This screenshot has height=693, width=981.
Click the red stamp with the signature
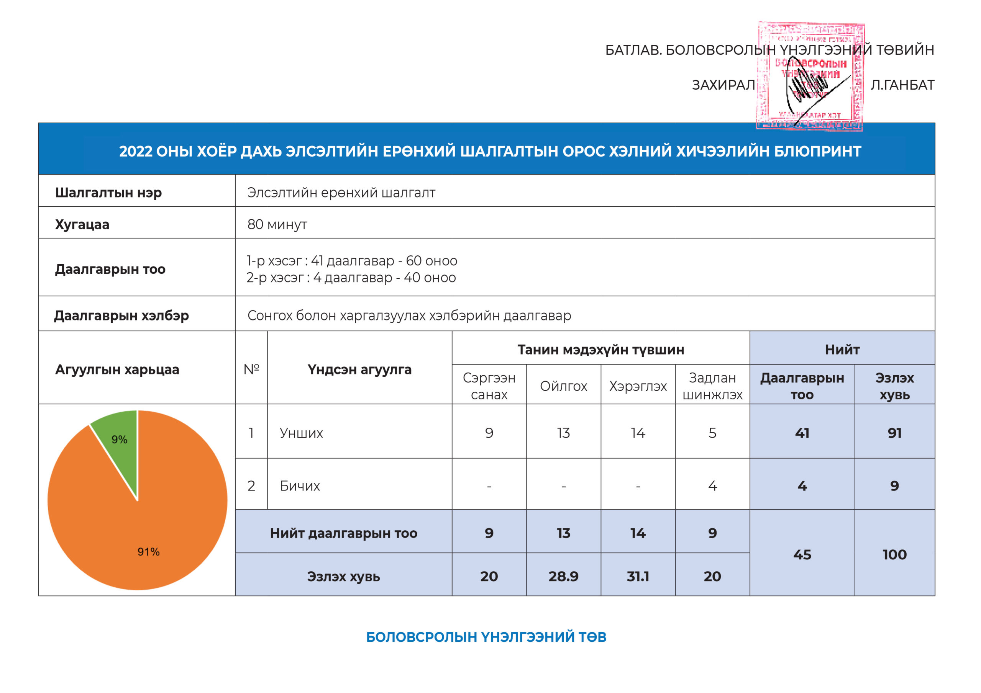tap(810, 77)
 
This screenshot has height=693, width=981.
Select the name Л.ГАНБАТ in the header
tap(902, 85)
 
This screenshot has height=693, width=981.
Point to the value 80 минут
tap(277, 225)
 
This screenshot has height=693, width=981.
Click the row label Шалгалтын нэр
tap(108, 193)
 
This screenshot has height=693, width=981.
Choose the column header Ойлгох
tap(564, 386)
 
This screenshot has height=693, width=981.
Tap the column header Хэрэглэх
tap(638, 386)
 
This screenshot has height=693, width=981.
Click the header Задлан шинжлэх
tap(712, 386)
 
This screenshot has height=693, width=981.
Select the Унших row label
tap(301, 433)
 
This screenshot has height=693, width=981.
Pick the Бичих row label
tap(300, 486)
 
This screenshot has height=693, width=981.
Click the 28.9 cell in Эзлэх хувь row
tap(564, 577)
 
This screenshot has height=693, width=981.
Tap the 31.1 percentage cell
tap(638, 577)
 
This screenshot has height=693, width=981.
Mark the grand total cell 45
tap(802, 555)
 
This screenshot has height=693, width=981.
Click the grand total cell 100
tap(894, 555)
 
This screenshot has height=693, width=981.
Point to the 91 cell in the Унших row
tap(894, 433)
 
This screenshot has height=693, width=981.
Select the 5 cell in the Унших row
tap(712, 433)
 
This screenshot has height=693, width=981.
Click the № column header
tap(251, 369)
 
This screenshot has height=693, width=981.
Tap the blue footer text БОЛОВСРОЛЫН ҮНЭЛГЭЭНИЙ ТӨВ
tap(486, 637)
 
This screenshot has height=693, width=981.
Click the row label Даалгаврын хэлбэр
tap(121, 316)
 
